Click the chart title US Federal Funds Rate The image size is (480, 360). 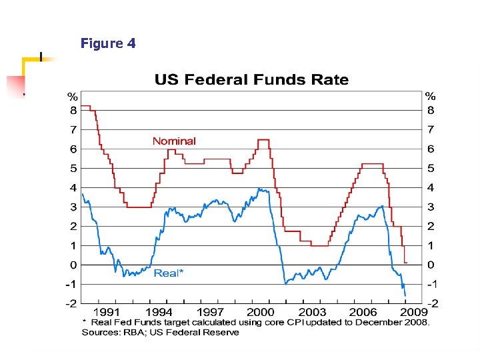click(251, 80)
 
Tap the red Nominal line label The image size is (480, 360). click(174, 141)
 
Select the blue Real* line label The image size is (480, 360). click(169, 273)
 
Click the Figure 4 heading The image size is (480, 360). click(108, 44)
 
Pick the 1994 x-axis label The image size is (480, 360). click(159, 312)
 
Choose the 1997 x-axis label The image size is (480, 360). click(211, 312)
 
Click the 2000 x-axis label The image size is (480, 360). click(261, 312)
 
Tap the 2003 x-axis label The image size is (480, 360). click(312, 312)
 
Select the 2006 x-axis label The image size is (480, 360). click(363, 312)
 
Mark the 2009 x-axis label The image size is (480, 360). click(414, 312)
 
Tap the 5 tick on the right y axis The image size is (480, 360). click(431, 168)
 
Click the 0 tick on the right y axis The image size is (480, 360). click(431, 265)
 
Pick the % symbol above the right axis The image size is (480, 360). click(431, 96)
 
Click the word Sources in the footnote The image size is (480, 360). click(99, 332)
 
